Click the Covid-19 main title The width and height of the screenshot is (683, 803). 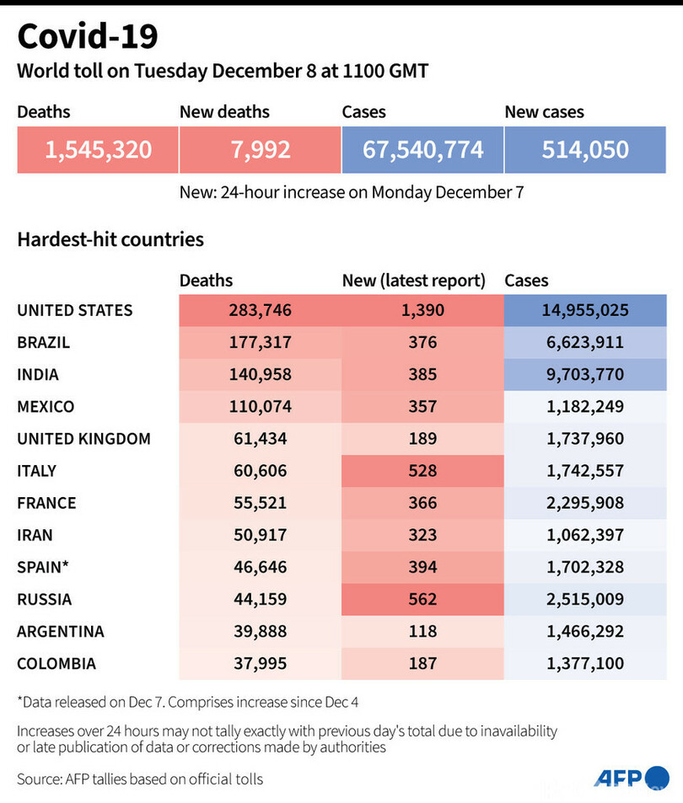(87, 37)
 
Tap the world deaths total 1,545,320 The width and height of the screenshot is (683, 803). (98, 150)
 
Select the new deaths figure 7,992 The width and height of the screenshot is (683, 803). (260, 150)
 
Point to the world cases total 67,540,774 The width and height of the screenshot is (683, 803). (422, 150)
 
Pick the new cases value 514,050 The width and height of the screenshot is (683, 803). (585, 150)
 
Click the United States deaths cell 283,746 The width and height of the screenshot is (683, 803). (260, 310)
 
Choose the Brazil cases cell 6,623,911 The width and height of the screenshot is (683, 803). (585, 342)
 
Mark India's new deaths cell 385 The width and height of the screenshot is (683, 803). (422, 374)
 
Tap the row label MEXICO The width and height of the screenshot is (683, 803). (46, 407)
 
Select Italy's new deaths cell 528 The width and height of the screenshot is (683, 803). (422, 471)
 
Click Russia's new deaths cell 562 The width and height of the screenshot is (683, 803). (422, 599)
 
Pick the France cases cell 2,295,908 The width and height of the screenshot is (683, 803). (585, 503)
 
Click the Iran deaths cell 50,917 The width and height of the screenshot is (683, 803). (260, 535)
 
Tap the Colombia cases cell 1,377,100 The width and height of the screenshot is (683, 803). (585, 664)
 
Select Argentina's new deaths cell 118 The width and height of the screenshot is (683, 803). (422, 631)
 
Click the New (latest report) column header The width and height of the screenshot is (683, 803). (413, 281)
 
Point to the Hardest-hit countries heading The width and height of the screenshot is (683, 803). (110, 239)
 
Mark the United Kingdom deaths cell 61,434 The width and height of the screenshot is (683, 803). (260, 439)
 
